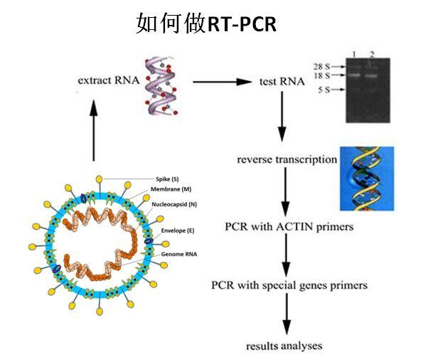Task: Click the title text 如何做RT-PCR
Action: click(x=206, y=23)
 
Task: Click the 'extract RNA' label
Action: click(x=109, y=80)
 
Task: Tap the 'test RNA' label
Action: click(x=282, y=81)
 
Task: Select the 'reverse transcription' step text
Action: click(x=287, y=159)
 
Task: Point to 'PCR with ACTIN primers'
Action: click(x=289, y=227)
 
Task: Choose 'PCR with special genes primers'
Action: click(x=289, y=285)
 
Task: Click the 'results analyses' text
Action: click(x=284, y=346)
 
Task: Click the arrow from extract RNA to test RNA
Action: click(x=223, y=82)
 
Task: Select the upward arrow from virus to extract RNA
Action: click(x=94, y=131)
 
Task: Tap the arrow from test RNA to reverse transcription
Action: click(x=282, y=117)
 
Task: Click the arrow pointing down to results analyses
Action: click(x=287, y=314)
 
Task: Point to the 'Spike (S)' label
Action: click(x=167, y=179)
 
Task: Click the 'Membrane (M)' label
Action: click(x=171, y=189)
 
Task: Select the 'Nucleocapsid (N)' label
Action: click(x=174, y=204)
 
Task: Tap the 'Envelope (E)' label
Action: click(x=178, y=231)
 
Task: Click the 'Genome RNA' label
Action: click(x=178, y=254)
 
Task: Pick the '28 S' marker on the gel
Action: click(x=321, y=66)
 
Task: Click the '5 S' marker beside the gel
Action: click(x=324, y=90)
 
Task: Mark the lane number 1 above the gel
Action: click(x=354, y=55)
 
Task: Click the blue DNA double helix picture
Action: click(x=367, y=179)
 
